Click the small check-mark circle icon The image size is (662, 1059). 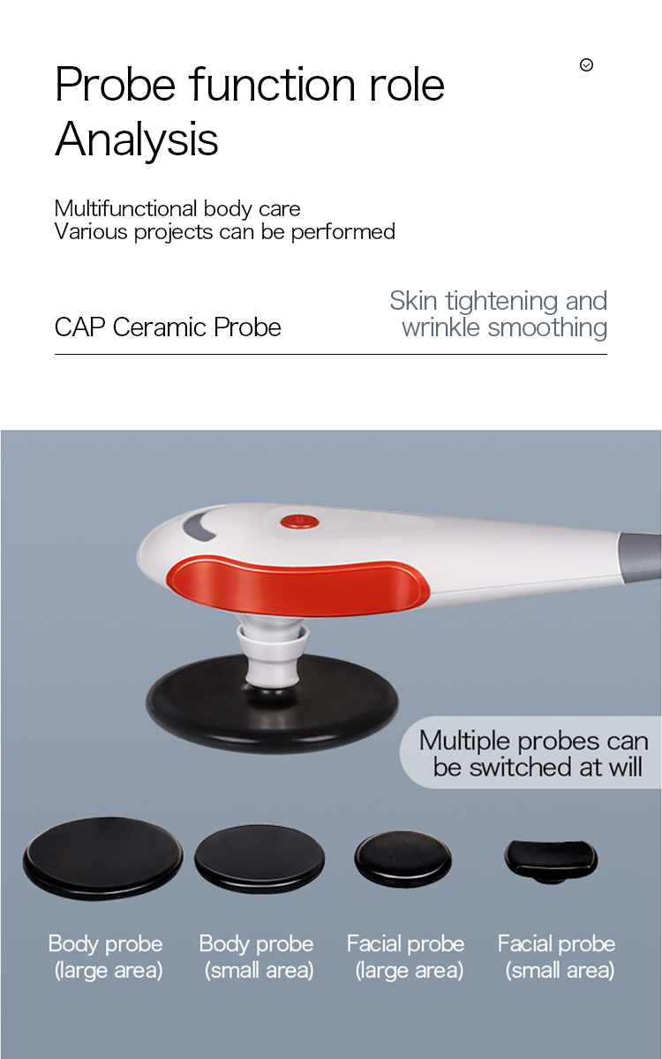coord(586,64)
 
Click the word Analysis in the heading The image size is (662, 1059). coord(137,139)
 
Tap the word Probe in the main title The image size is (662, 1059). coord(116,85)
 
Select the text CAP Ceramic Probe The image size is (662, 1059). coord(168,327)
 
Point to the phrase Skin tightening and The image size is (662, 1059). coord(499,301)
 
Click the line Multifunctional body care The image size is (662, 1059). coord(177,208)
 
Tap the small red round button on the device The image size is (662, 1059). coord(299,522)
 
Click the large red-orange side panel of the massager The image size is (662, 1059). coord(298,587)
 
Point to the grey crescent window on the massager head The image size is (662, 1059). coord(198,526)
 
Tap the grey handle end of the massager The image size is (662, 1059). coord(641,555)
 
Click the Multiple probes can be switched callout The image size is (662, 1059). coord(531,754)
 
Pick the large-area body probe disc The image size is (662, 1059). coord(103,858)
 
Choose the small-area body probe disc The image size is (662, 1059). coord(260,860)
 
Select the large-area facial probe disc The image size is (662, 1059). coord(402,860)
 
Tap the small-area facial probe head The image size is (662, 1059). coord(551,860)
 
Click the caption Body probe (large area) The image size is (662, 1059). coord(106,957)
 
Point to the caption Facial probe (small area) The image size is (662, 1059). coord(557,957)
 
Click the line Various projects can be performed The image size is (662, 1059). coord(224,232)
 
